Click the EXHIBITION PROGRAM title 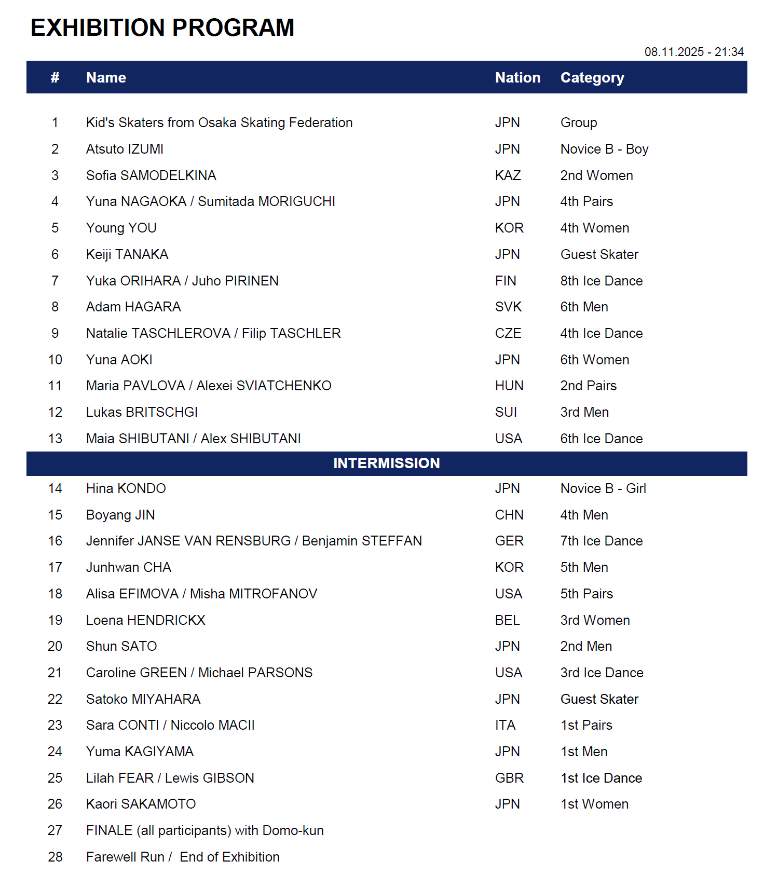[162, 28]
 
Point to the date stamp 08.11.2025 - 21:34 [694, 52]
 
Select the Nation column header [517, 78]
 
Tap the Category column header [592, 78]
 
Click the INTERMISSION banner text [387, 463]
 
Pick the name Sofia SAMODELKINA [151, 175]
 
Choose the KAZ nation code [508, 175]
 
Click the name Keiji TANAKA [127, 254]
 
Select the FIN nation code [506, 281]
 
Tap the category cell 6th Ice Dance [602, 439]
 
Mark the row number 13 [55, 439]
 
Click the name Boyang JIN [120, 515]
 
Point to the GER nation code [509, 541]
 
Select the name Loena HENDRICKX [146, 620]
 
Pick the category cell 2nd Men [586, 646]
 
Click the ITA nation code [505, 725]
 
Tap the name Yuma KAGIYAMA [140, 752]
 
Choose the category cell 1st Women [594, 804]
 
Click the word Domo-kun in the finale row [293, 830]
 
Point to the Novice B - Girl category [603, 488]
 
